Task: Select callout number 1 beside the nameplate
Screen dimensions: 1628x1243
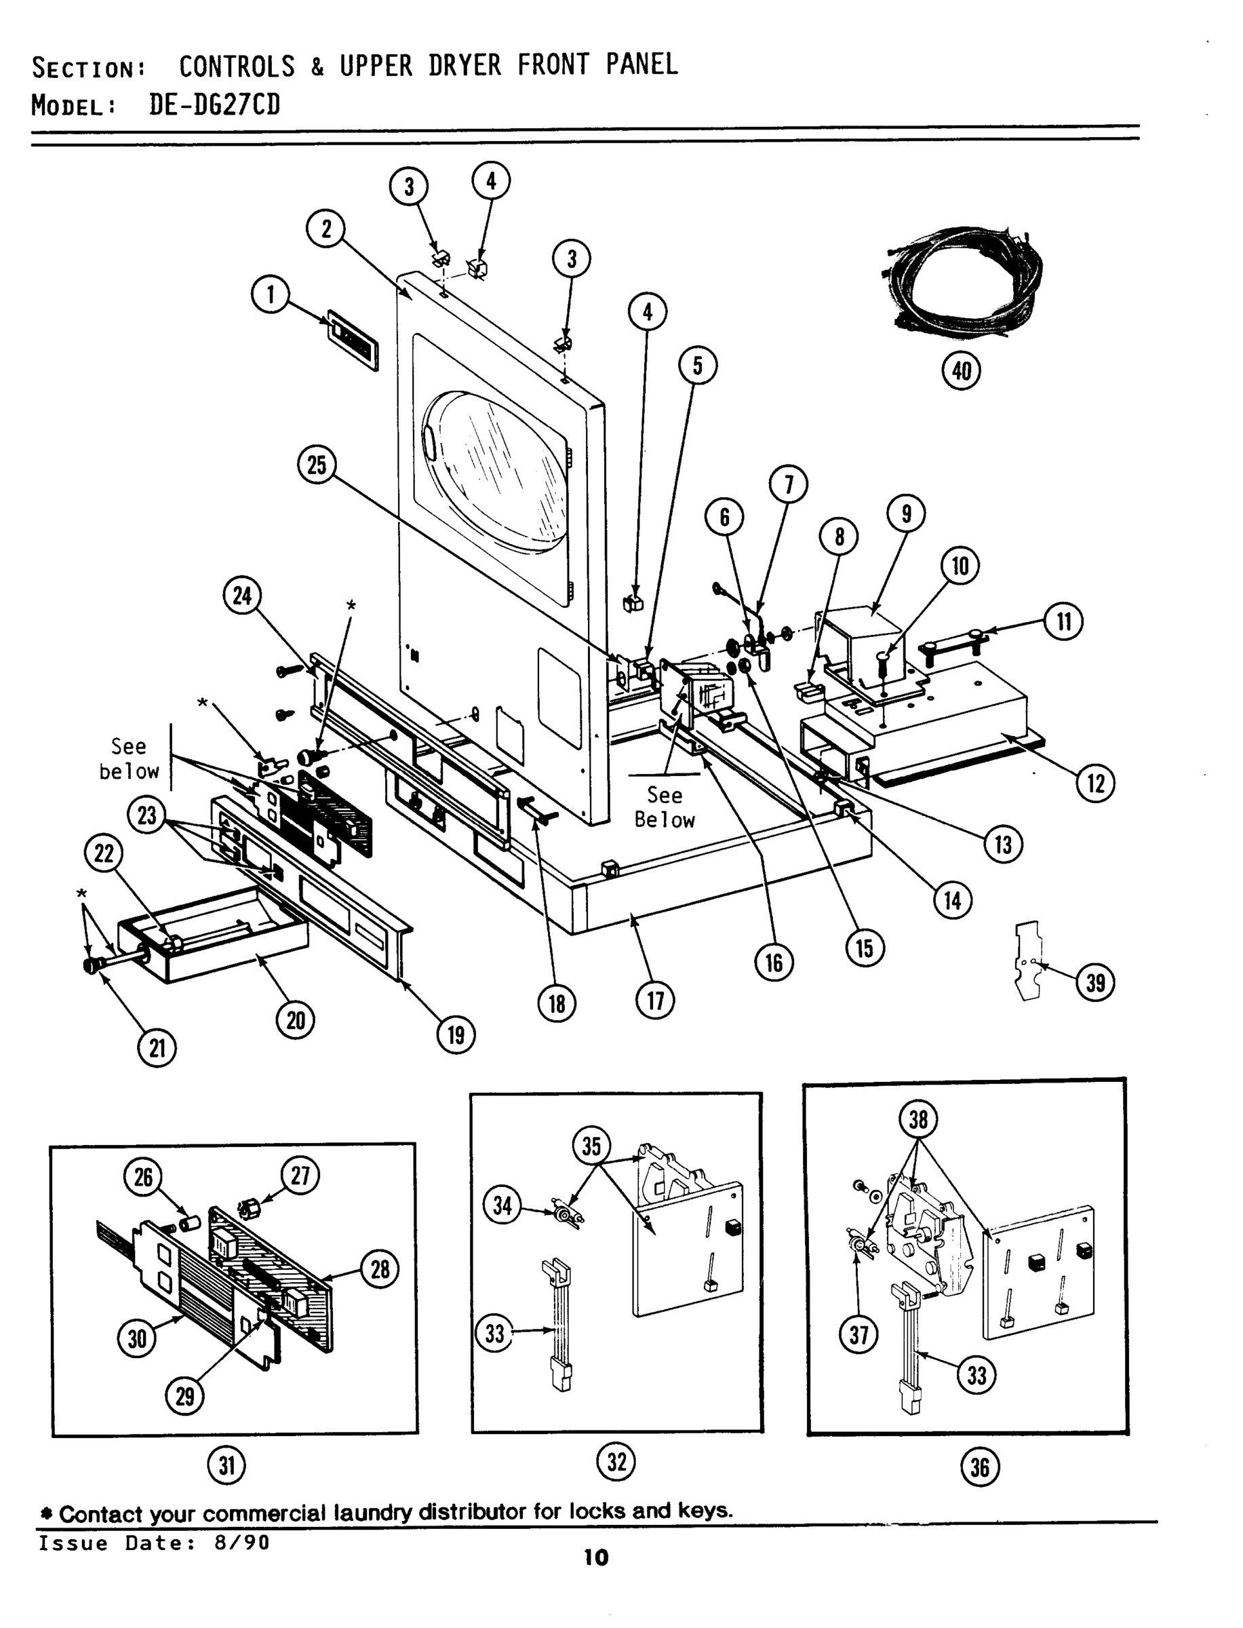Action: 270,294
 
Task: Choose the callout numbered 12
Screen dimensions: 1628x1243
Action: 1095,783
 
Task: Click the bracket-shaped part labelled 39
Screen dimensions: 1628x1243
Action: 1029,960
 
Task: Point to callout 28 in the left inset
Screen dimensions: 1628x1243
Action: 380,1270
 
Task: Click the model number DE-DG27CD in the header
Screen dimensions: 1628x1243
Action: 214,104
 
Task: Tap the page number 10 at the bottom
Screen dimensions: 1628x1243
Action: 596,1557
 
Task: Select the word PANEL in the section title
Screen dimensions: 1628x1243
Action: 642,65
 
